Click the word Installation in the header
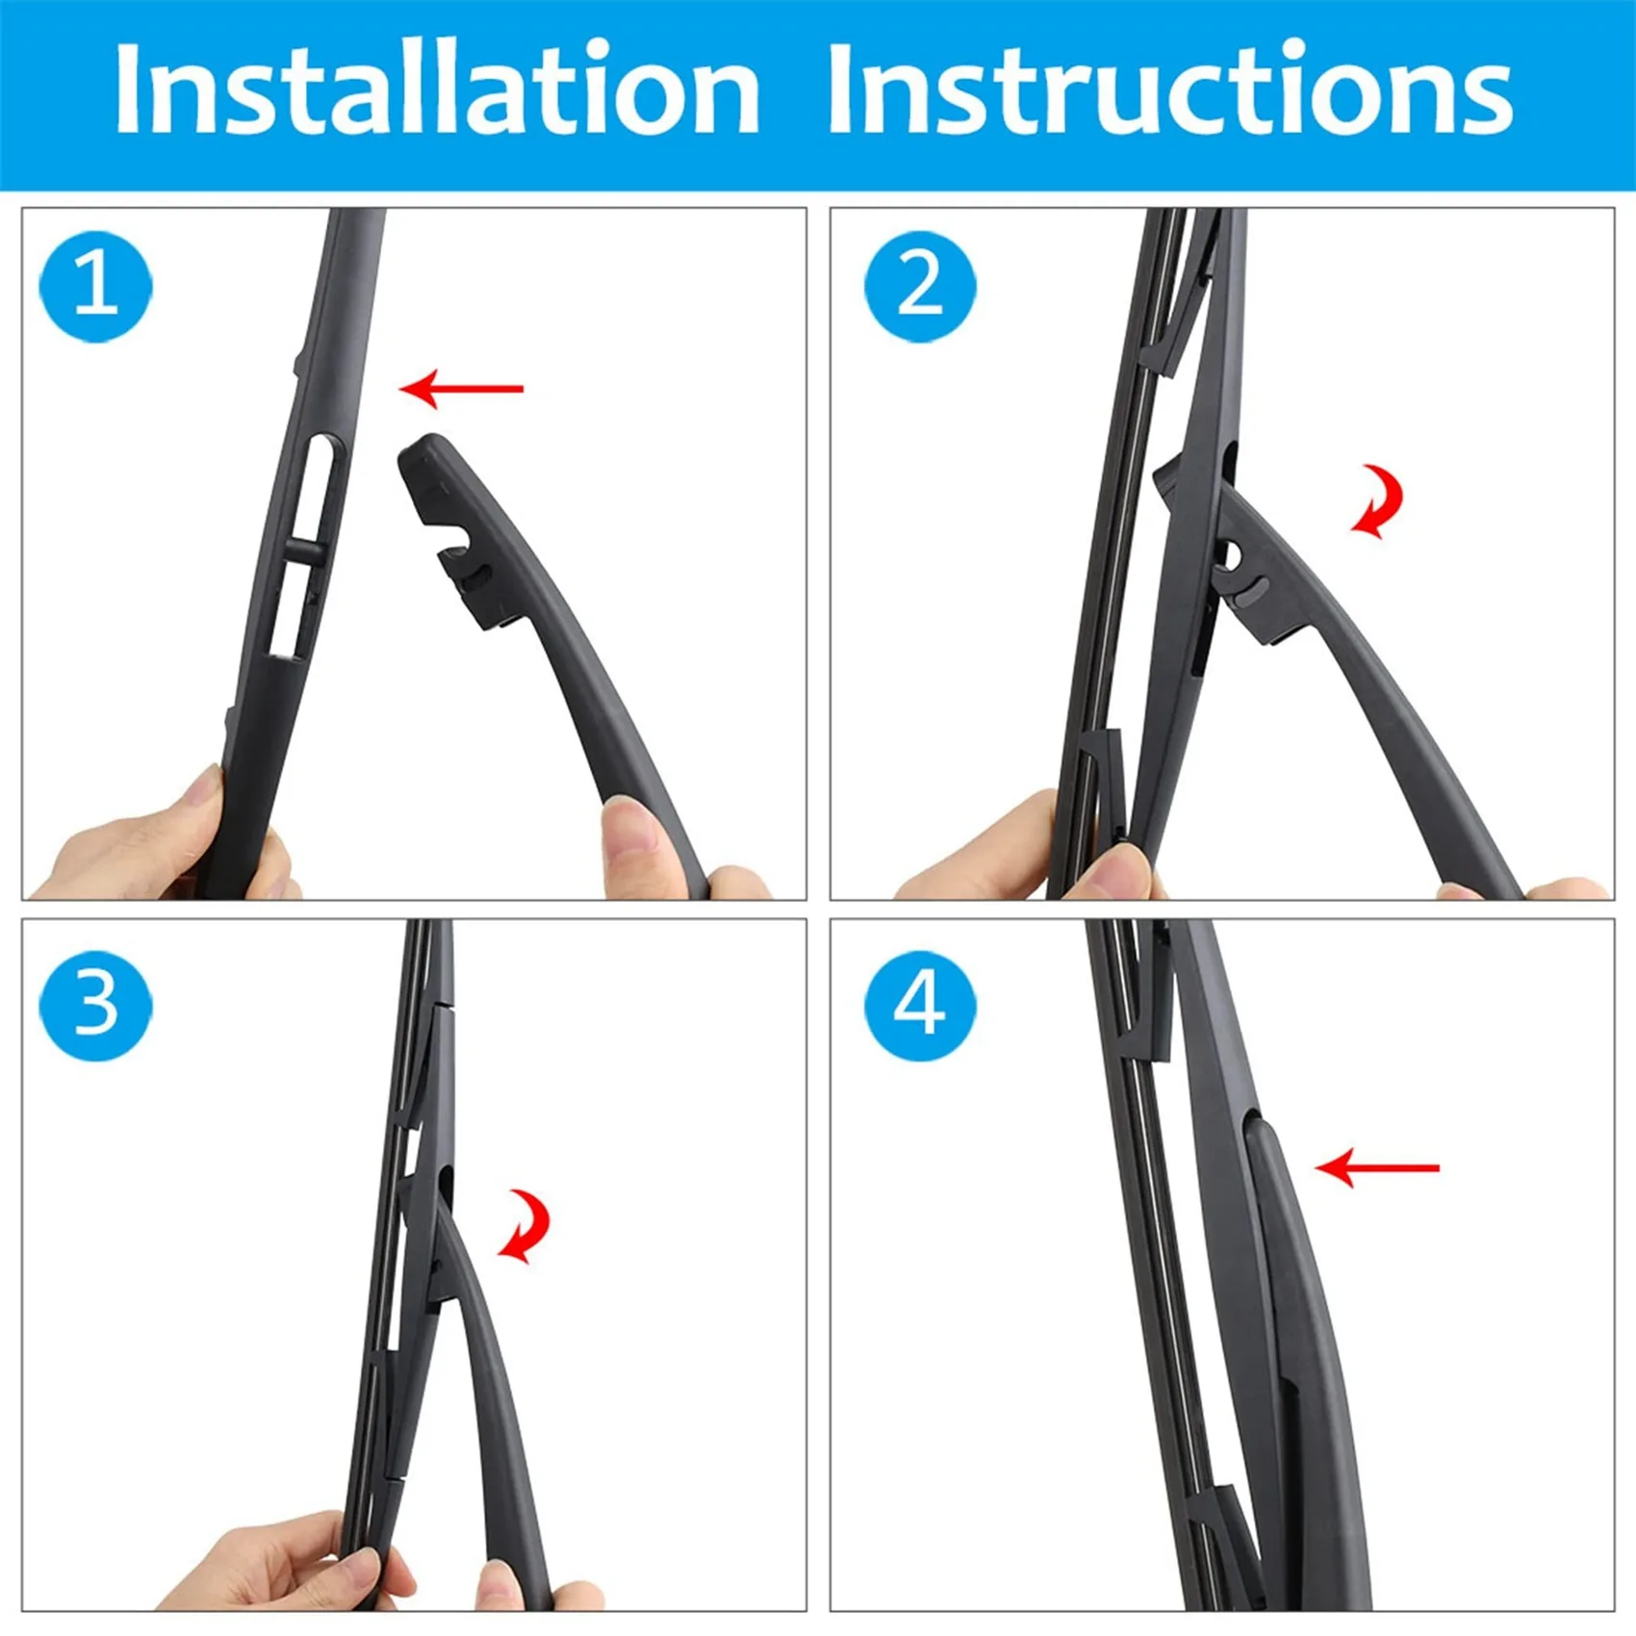[438, 89]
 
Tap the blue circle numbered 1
[95, 286]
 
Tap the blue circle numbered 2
[920, 286]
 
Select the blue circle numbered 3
[95, 1005]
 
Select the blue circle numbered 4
[920, 1005]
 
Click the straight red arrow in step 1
[461, 389]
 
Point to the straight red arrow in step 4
[1376, 1168]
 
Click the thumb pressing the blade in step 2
[1116, 871]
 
